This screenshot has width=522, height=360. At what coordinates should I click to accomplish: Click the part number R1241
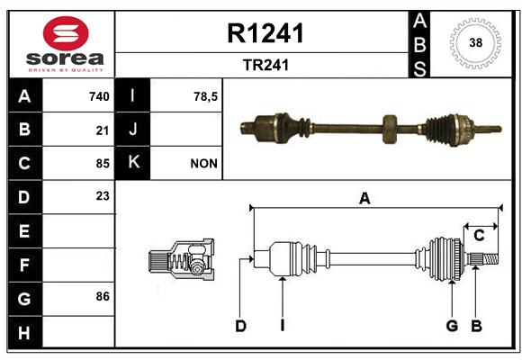(x=265, y=33)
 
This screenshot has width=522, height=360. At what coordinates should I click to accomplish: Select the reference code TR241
(x=265, y=65)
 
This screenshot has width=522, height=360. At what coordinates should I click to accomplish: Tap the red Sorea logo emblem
(x=66, y=33)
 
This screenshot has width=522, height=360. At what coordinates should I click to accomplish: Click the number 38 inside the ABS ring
(x=476, y=42)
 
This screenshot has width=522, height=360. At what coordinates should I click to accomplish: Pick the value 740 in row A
(x=99, y=96)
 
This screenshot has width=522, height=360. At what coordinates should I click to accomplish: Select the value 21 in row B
(x=103, y=130)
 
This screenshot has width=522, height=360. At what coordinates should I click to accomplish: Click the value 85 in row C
(x=103, y=164)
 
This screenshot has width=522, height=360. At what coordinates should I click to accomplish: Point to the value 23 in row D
(x=103, y=196)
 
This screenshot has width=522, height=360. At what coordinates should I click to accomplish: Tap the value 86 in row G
(x=103, y=296)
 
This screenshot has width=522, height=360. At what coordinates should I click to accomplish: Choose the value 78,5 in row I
(x=206, y=96)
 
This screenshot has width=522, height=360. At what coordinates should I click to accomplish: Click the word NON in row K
(x=203, y=164)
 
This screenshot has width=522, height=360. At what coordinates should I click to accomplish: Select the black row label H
(x=24, y=333)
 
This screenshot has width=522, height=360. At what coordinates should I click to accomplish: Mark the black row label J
(x=132, y=130)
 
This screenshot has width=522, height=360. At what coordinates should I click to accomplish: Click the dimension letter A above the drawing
(x=364, y=199)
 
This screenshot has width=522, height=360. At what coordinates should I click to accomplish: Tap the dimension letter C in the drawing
(x=479, y=236)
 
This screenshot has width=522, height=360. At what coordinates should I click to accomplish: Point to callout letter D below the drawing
(x=240, y=326)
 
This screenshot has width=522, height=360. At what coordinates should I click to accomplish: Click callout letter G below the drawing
(x=452, y=326)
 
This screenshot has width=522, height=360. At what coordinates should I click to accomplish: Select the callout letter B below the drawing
(x=476, y=326)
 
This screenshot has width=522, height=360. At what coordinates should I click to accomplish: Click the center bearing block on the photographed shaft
(x=390, y=130)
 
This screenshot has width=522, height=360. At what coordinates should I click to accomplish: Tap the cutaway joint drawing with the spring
(x=182, y=259)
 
